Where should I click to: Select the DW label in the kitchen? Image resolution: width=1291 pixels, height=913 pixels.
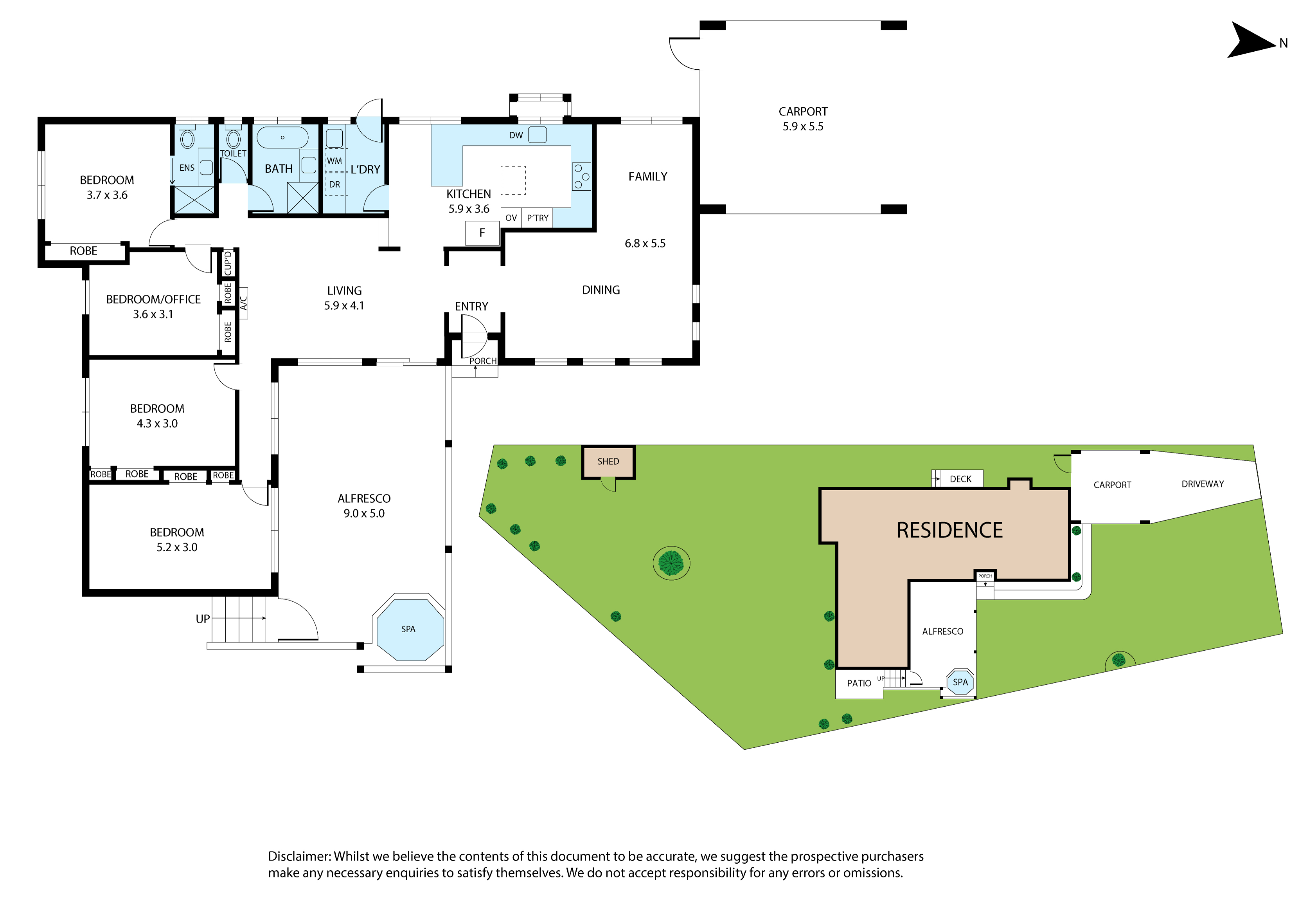(x=516, y=135)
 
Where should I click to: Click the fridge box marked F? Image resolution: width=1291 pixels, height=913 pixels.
(x=482, y=233)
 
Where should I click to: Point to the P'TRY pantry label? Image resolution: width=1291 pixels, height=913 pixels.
(x=538, y=218)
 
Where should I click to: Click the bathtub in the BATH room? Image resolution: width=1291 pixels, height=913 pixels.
(x=282, y=137)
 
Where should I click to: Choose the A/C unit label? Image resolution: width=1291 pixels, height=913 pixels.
(x=243, y=303)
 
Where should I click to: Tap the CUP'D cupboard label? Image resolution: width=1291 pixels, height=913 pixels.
(x=228, y=263)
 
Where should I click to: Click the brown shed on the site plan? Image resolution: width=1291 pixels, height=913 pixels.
(x=608, y=462)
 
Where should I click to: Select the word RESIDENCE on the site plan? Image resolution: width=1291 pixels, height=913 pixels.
(x=950, y=530)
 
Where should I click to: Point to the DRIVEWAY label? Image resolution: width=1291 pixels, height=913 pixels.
(x=1203, y=484)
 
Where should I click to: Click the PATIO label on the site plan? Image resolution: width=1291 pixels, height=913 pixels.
(x=859, y=683)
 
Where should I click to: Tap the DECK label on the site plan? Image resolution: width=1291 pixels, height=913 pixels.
(x=960, y=479)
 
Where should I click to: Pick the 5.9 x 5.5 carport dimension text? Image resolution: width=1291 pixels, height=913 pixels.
(x=803, y=126)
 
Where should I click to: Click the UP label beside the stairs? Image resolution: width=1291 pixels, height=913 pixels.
(x=202, y=619)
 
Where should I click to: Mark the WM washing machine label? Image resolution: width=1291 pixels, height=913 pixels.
(x=334, y=161)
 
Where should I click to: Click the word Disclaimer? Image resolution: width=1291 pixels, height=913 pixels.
(x=300, y=856)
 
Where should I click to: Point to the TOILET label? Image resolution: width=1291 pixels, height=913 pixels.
(x=233, y=153)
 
